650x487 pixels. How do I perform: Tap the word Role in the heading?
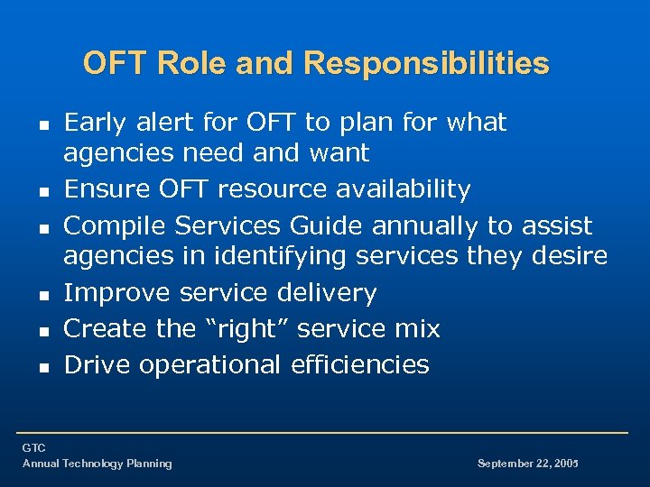click(193, 63)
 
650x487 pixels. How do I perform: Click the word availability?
click(404, 189)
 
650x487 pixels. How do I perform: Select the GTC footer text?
click(34, 448)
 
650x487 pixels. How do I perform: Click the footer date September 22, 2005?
click(527, 464)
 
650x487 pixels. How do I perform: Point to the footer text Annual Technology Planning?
click(97, 464)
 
